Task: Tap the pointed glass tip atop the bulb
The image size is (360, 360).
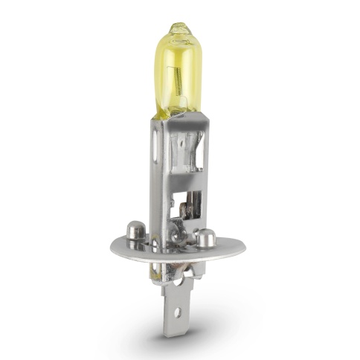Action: tap(177, 28)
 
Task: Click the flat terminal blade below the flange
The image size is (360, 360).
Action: tap(179, 312)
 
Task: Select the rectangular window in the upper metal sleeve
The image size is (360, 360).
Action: tap(181, 149)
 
